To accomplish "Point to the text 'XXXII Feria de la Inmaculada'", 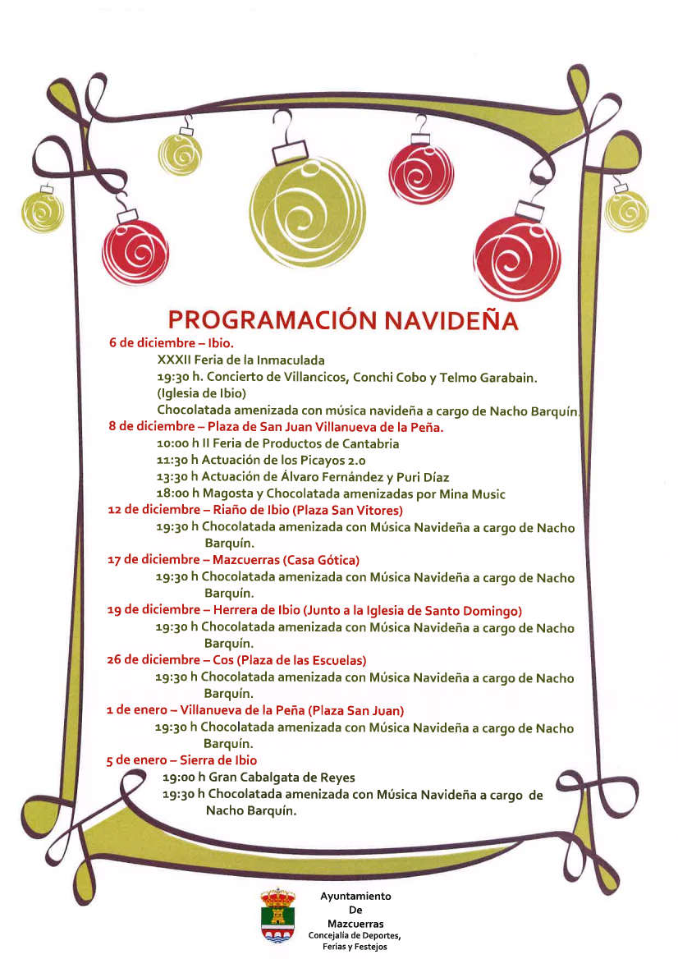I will [x=241, y=360].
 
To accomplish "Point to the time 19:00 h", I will [x=183, y=777].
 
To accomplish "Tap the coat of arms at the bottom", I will [x=278, y=915].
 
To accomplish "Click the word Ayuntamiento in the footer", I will [x=355, y=897].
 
